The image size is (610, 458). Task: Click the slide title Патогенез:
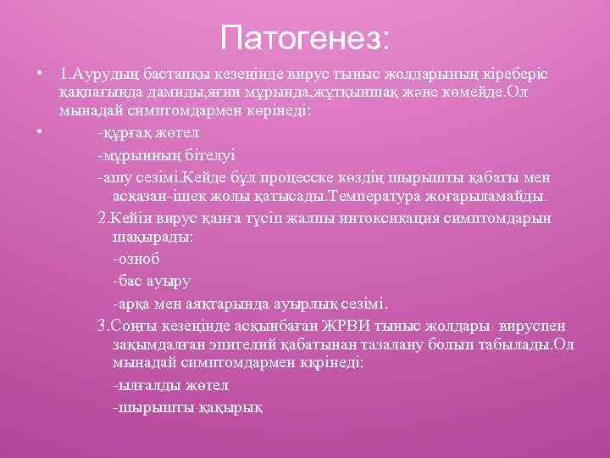(305, 37)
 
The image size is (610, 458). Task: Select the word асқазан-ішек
(155, 197)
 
